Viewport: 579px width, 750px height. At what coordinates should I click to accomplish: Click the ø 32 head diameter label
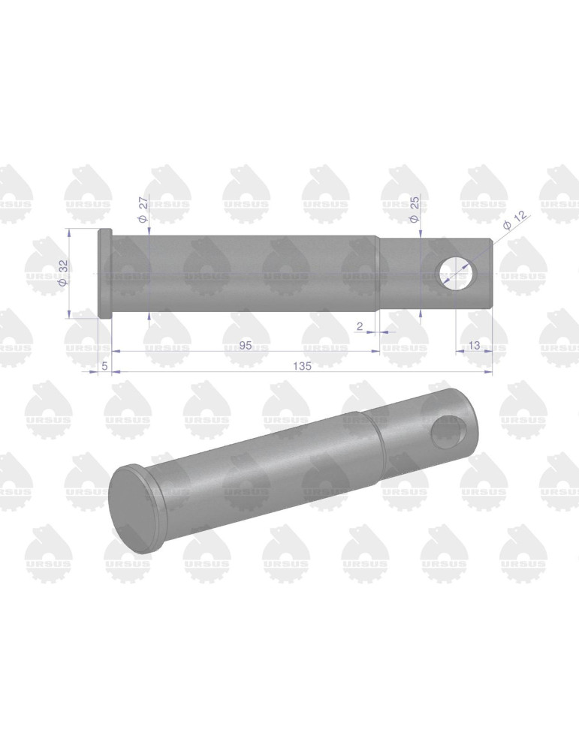[63, 273]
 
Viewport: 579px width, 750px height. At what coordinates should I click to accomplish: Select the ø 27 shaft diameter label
[143, 211]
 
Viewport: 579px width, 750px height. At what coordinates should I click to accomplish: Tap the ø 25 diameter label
[414, 209]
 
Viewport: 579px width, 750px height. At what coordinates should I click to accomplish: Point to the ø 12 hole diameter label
[515, 220]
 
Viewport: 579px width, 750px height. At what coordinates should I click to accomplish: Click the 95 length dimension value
[246, 345]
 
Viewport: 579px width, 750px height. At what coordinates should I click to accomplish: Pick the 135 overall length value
[302, 366]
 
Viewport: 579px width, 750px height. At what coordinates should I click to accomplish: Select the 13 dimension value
[474, 345]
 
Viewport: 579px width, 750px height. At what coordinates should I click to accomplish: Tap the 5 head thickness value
[104, 366]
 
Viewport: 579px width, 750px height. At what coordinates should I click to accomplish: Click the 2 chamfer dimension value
[360, 326]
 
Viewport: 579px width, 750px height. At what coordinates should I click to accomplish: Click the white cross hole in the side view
[457, 273]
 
